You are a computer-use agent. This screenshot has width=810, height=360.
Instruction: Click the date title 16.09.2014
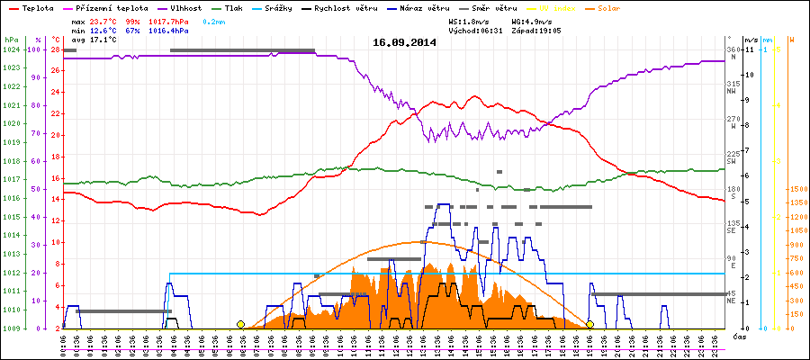(x=404, y=42)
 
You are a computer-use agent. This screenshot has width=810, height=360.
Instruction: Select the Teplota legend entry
(x=37, y=7)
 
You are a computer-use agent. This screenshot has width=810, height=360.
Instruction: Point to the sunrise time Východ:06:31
(x=475, y=30)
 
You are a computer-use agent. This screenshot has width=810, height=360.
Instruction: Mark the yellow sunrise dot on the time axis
(x=240, y=324)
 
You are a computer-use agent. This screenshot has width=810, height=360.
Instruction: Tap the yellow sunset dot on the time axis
(x=589, y=324)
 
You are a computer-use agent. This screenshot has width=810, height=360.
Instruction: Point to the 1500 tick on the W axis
(x=796, y=190)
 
